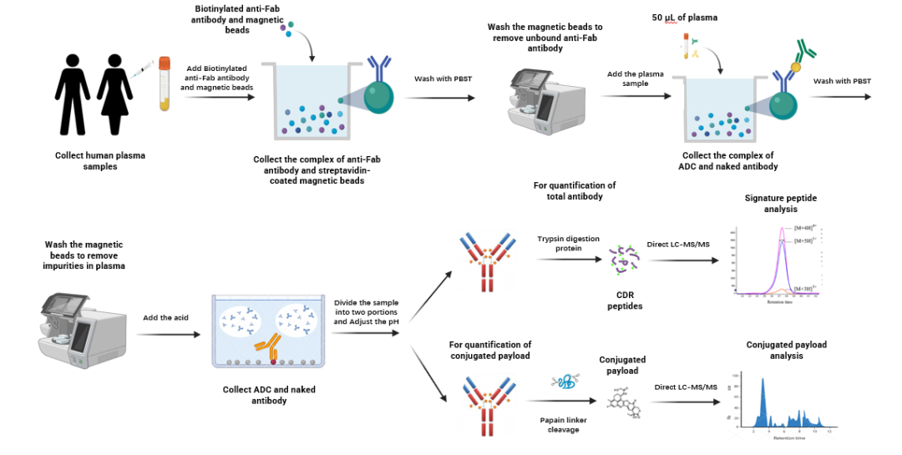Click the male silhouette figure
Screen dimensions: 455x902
73,93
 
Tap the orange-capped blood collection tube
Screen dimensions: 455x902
165,83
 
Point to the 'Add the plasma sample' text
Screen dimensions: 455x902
636,78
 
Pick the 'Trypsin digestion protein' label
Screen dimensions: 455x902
568,244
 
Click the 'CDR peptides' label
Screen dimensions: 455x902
620,301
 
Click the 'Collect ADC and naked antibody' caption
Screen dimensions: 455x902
269,395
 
